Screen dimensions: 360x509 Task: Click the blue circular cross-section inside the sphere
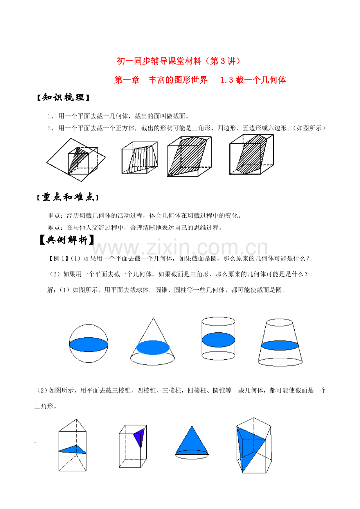pyautogui.click(x=88, y=344)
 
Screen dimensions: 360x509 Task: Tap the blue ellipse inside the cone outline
pyautogui.click(x=153, y=348)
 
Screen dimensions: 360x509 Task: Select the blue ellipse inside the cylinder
pyautogui.click(x=218, y=340)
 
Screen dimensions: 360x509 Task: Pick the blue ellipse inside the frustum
pyautogui.click(x=280, y=345)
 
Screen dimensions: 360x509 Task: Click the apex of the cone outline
pyautogui.click(x=153, y=318)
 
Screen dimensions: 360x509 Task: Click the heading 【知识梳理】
pyautogui.click(x=63, y=97)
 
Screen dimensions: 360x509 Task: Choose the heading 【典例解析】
pyautogui.click(x=67, y=240)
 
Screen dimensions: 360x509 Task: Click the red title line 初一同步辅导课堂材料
pyautogui.click(x=159, y=61)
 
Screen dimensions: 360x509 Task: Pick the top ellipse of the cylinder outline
pyautogui.click(x=218, y=321)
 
